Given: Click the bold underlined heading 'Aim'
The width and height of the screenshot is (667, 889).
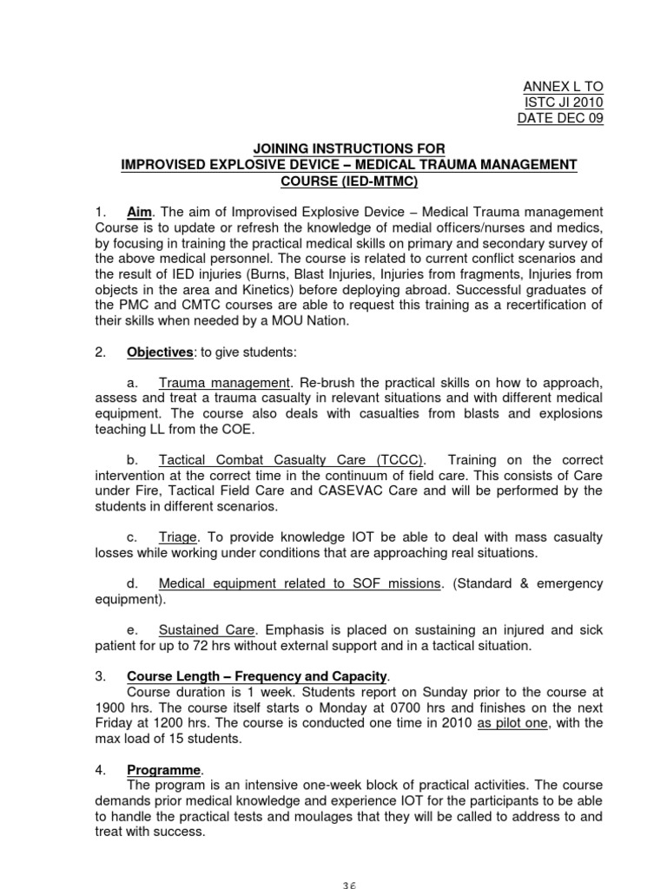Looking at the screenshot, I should [139, 213].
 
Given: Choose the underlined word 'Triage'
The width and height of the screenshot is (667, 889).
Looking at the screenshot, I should [179, 537].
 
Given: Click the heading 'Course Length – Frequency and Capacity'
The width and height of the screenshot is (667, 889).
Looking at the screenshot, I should [258, 675].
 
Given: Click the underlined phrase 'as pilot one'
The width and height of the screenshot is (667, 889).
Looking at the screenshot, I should [515, 723].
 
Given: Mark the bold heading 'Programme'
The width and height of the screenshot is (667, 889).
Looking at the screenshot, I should [164, 769].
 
